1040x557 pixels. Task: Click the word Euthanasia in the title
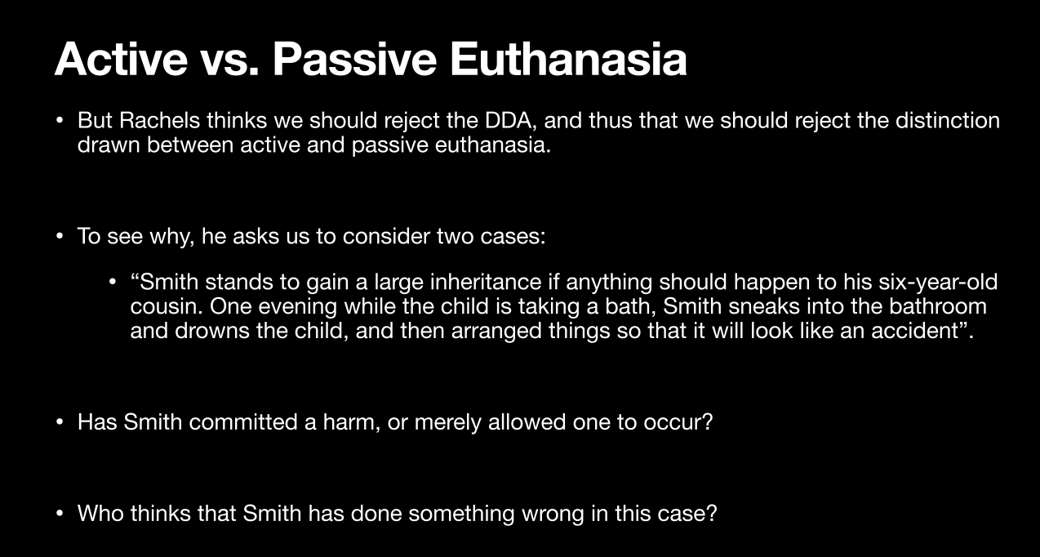[x=568, y=60]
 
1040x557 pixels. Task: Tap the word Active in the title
[x=121, y=60]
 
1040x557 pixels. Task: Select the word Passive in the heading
[x=354, y=60]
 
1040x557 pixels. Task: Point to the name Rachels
[x=159, y=120]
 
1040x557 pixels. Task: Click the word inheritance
[x=486, y=282]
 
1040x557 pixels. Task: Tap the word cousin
[x=166, y=306]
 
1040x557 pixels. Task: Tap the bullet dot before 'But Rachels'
[x=59, y=121]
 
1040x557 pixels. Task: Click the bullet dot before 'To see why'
[x=59, y=237]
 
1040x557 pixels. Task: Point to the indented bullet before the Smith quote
[x=112, y=283]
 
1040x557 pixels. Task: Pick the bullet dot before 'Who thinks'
[x=59, y=514]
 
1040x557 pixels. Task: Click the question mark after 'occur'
[x=707, y=421]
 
